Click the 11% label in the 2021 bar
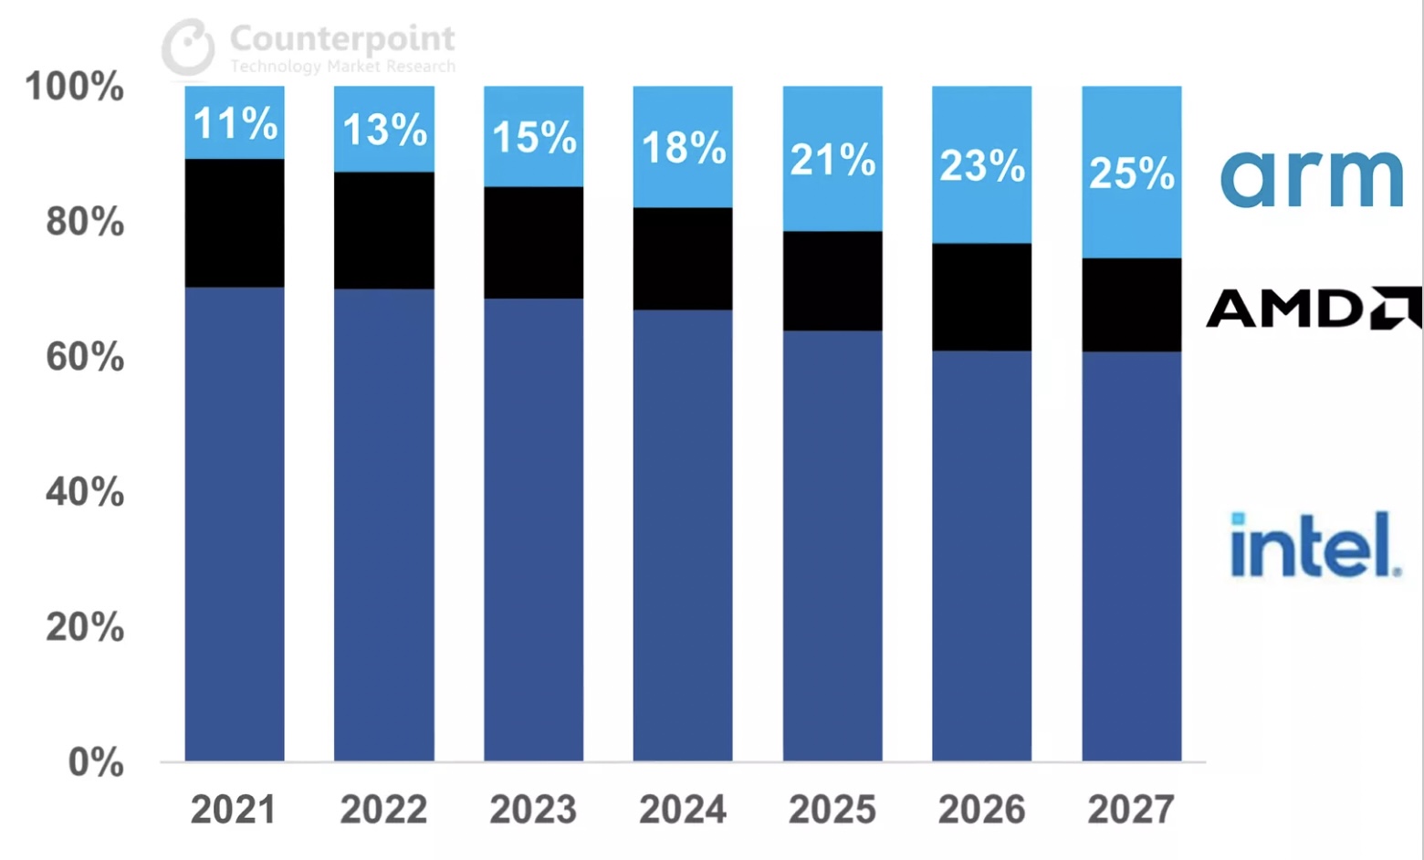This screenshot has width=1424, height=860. click(x=236, y=123)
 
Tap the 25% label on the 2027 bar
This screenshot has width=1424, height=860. click(x=1132, y=173)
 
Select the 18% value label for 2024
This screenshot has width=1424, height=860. click(x=684, y=148)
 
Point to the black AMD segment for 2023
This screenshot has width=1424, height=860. click(x=533, y=243)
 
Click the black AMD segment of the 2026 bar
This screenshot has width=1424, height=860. click(x=981, y=298)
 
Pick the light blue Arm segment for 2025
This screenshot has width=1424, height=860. click(x=832, y=159)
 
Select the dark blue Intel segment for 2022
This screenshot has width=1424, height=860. click(x=384, y=525)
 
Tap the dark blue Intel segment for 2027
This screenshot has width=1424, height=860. click(x=1132, y=556)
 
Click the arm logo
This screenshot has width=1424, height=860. click(x=1312, y=179)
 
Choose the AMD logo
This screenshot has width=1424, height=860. click(x=1314, y=308)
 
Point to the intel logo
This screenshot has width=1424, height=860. click(x=1316, y=545)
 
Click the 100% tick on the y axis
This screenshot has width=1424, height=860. click(x=74, y=87)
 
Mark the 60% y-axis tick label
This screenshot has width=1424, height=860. click(x=85, y=357)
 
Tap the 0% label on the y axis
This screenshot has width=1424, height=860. click(x=95, y=762)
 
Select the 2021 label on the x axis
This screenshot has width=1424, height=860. click(x=234, y=810)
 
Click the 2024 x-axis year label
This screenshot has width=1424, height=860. click(x=683, y=810)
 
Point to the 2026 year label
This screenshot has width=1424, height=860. click(x=981, y=810)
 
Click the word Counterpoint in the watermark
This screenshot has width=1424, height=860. click(x=342, y=39)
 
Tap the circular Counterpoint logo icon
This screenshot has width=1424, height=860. click(x=188, y=47)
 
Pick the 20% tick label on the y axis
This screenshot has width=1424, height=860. click(x=85, y=627)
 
